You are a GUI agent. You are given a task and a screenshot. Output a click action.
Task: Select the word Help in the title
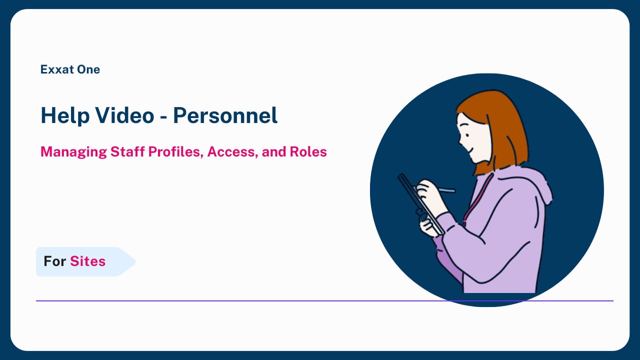[x=65, y=115]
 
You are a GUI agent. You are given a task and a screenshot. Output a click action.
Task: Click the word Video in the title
[x=125, y=115]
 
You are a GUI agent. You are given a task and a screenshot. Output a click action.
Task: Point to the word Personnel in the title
[x=225, y=115]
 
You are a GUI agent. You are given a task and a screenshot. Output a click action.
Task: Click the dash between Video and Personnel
[x=163, y=117]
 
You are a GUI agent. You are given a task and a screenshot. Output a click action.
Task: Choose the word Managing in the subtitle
[x=73, y=152]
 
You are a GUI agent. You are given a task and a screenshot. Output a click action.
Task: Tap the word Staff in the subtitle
[x=127, y=151]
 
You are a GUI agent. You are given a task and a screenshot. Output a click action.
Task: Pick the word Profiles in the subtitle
[x=175, y=151]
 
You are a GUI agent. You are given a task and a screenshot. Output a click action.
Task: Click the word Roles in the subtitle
[x=308, y=151]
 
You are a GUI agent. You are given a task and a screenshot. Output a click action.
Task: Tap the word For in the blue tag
[x=55, y=261]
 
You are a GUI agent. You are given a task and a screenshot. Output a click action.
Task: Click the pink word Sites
[x=87, y=261]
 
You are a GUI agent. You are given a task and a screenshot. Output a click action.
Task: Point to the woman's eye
[x=467, y=135]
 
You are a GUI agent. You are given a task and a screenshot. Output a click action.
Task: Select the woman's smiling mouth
[x=469, y=149]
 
